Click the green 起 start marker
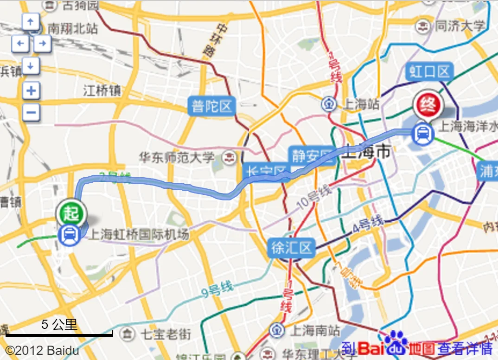click(x=71, y=214)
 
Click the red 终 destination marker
click(x=428, y=105)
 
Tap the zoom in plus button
click(x=31, y=90)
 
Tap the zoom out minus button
click(x=31, y=112)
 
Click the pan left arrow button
click(x=20, y=44)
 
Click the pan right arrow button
click(x=42, y=44)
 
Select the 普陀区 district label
click(x=212, y=107)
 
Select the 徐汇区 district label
click(x=292, y=248)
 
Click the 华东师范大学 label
click(x=178, y=157)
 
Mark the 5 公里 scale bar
click(x=59, y=333)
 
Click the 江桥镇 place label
click(x=102, y=90)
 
